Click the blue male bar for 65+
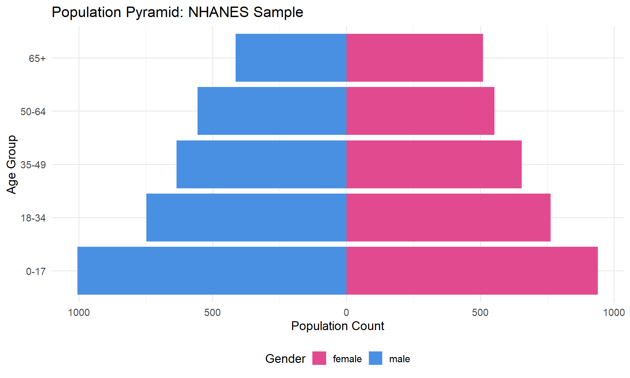click(291, 58)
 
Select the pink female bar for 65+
click(415, 58)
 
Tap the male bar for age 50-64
click(272, 111)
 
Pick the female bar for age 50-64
click(420, 111)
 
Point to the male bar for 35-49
click(262, 164)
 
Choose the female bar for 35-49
click(434, 164)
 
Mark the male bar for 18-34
click(246, 218)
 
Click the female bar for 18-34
click(449, 218)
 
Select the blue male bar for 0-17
click(212, 271)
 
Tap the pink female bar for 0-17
click(472, 271)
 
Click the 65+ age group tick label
click(37, 58)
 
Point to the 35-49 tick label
click(33, 165)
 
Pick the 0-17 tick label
click(36, 271)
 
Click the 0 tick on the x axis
click(346, 312)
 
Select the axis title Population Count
click(338, 326)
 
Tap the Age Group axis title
click(11, 164)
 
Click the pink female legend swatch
click(319, 358)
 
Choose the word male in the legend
click(399, 359)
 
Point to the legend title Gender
click(285, 359)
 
